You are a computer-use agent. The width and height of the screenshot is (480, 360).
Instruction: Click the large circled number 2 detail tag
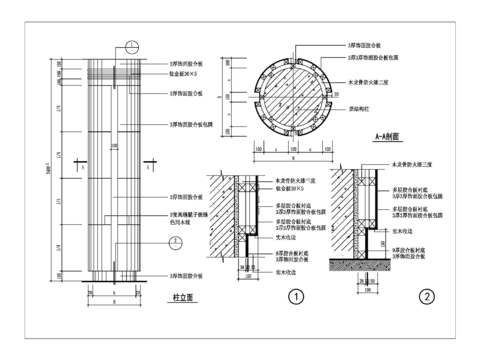pos(426,296)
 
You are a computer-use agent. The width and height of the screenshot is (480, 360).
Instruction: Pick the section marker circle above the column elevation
pos(132,46)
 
